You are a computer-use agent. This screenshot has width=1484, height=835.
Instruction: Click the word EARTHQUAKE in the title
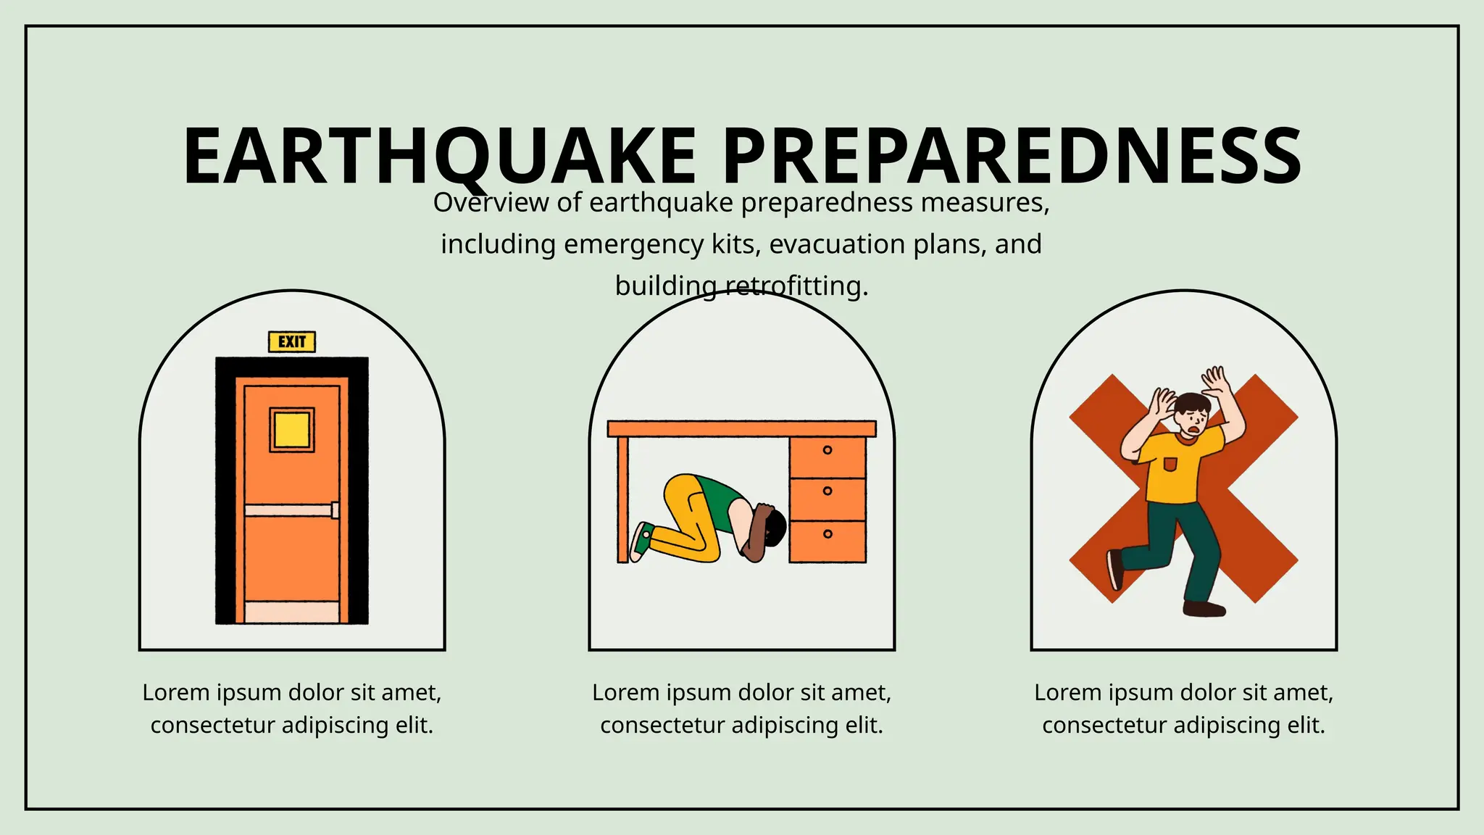(439, 157)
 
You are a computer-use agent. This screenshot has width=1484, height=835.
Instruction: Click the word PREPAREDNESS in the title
(1012, 157)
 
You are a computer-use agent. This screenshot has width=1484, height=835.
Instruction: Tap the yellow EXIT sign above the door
(292, 341)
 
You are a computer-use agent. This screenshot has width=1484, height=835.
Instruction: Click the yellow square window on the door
(292, 430)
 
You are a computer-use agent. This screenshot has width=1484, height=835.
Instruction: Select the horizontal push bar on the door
(290, 510)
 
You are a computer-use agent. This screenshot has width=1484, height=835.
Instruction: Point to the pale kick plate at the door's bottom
(292, 612)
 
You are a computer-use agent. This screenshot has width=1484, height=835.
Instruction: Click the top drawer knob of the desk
(828, 450)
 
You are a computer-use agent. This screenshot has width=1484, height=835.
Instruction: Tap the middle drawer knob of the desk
(828, 491)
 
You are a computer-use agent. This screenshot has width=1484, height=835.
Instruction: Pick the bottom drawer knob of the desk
(828, 534)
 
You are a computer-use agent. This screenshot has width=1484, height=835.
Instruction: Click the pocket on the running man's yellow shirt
(1170, 464)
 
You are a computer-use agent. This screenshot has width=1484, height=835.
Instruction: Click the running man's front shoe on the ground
(1204, 608)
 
